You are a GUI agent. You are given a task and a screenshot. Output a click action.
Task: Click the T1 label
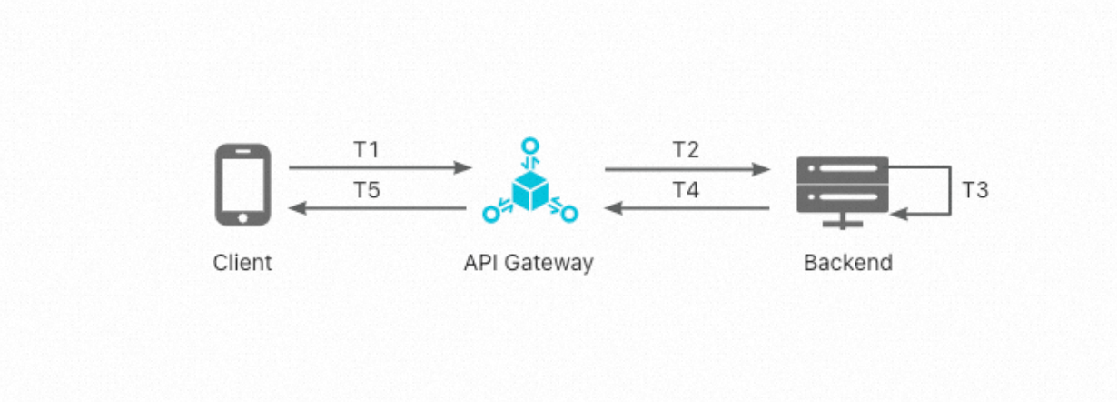pyautogui.click(x=366, y=149)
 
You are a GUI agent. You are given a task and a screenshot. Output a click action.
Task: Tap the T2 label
pyautogui.click(x=686, y=149)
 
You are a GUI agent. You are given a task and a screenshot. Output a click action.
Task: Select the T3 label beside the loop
pyautogui.click(x=974, y=190)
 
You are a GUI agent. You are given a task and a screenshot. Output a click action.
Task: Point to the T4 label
pyautogui.click(x=686, y=190)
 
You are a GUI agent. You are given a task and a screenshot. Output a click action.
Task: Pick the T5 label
pyautogui.click(x=366, y=190)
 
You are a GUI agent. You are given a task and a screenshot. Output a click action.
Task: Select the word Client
pyautogui.click(x=242, y=263)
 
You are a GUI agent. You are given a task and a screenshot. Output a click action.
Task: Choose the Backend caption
pyautogui.click(x=848, y=263)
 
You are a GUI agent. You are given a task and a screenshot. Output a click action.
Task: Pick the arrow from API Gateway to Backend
pyautogui.click(x=687, y=168)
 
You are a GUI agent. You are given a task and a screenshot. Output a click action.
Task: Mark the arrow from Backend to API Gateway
pyautogui.click(x=687, y=208)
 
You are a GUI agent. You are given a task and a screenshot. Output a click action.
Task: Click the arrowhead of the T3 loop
pyautogui.click(x=898, y=215)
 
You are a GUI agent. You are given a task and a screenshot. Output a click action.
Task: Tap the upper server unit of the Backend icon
pyautogui.click(x=842, y=169)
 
